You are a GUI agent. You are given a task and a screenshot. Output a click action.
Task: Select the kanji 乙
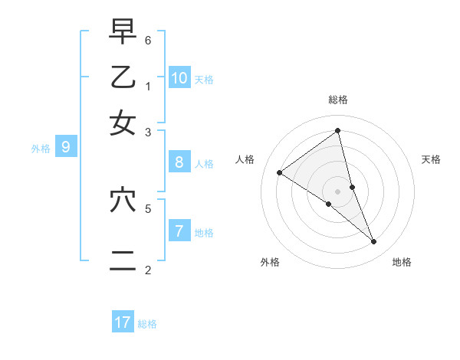[123, 77]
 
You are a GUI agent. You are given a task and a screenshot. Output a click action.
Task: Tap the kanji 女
[123, 122]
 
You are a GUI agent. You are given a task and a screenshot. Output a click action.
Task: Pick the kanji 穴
[123, 201]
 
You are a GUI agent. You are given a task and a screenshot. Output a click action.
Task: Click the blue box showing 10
[179, 77]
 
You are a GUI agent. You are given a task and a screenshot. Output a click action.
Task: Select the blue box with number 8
[179, 162]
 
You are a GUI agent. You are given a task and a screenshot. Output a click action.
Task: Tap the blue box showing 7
[179, 231]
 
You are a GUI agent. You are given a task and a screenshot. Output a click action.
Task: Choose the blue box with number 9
[66, 147]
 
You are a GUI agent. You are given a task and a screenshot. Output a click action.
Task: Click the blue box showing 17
[123, 322]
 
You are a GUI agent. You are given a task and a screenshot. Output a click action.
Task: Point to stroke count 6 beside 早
[148, 40]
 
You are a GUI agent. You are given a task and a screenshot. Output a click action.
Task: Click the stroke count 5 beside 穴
[148, 208]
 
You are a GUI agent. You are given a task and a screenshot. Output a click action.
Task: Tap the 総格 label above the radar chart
[338, 100]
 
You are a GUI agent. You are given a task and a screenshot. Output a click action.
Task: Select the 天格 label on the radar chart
[432, 159]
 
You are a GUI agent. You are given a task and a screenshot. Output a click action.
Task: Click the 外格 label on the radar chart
[270, 262]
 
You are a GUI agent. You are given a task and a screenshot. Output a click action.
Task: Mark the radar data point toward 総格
[338, 130]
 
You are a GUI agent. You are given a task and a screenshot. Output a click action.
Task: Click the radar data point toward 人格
[279, 172]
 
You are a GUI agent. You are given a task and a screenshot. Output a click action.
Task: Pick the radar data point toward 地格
[374, 241]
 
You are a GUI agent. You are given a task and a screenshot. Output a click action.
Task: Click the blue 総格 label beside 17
[147, 324]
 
